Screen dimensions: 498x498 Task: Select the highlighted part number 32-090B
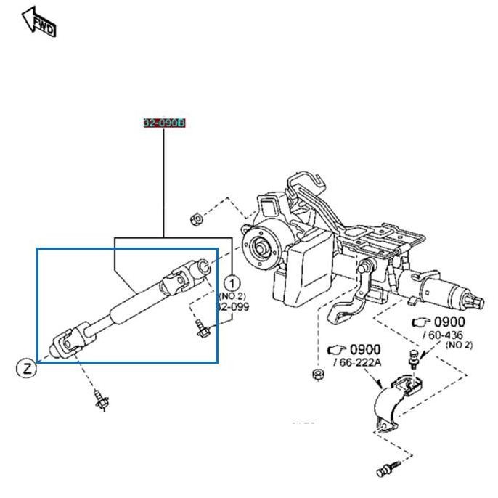164,123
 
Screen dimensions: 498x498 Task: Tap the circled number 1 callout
232,282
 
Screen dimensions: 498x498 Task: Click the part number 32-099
232,306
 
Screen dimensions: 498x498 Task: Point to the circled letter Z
26,368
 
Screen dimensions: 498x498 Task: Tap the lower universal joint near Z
69,341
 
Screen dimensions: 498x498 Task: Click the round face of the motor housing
258,248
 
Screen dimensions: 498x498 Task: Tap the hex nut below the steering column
316,375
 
